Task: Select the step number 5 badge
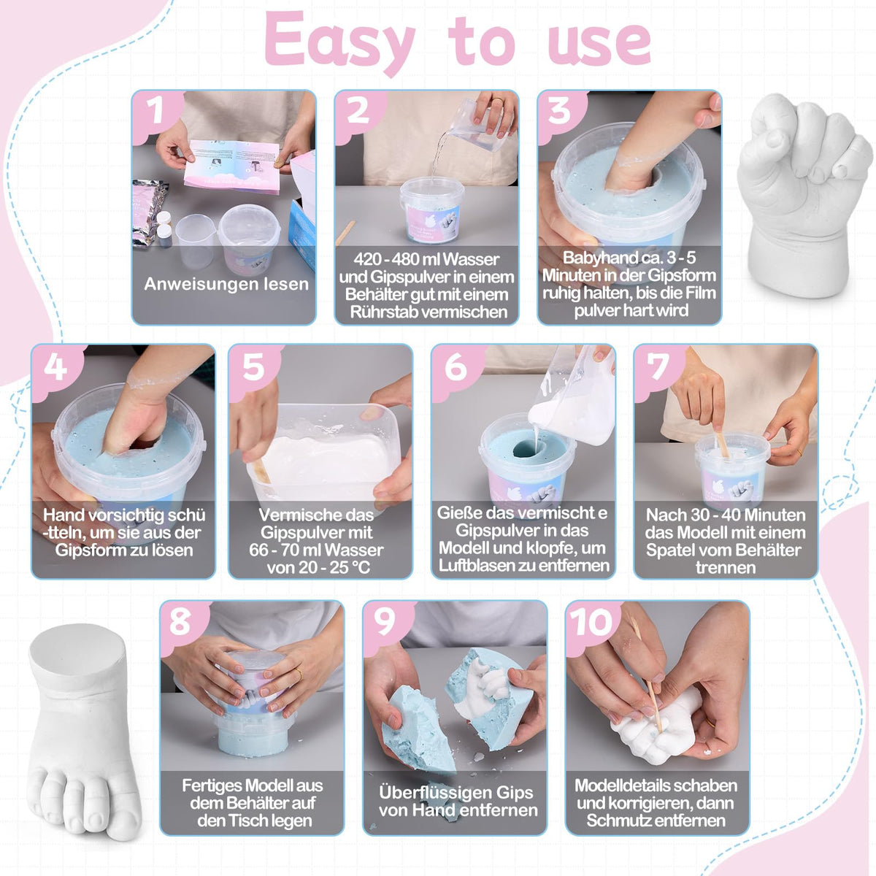(253, 367)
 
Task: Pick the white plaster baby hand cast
(804, 196)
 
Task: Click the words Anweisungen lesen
(226, 284)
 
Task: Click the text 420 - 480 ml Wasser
(426, 259)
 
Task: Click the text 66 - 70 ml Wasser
(316, 550)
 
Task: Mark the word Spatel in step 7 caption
(667, 550)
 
